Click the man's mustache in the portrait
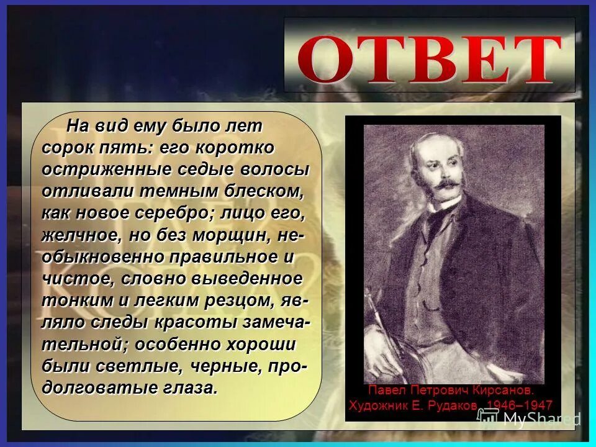coord(448,184)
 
